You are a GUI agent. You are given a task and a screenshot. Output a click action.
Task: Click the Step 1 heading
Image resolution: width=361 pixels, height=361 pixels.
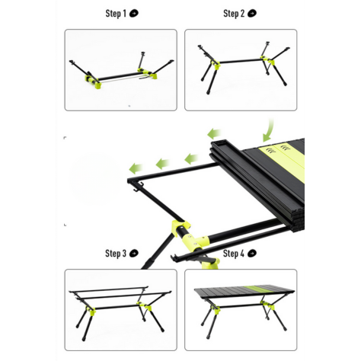click(x=116, y=14)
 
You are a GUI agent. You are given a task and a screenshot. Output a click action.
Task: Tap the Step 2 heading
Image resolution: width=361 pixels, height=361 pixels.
click(x=234, y=14)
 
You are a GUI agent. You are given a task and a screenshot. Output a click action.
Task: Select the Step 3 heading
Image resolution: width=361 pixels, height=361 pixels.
click(x=116, y=254)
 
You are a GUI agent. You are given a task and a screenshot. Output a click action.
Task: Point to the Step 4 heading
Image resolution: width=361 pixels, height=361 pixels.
click(x=234, y=254)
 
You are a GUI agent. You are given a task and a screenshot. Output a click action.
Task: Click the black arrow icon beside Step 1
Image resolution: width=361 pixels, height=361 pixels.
click(x=134, y=13)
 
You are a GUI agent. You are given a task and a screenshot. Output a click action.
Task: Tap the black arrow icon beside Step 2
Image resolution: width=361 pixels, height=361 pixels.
click(x=252, y=13)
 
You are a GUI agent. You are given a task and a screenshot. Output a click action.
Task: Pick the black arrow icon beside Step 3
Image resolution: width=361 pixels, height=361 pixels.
click(x=134, y=253)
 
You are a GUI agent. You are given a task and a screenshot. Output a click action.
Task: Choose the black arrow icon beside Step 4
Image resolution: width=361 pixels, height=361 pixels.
click(x=252, y=253)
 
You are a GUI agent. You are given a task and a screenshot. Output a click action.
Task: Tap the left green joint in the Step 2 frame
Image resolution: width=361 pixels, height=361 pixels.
click(x=216, y=65)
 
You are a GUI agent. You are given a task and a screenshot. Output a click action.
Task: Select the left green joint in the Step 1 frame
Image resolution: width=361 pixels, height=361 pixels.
click(x=94, y=81)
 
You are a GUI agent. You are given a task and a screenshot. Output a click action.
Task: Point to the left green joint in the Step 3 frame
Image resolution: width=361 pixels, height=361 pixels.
click(x=91, y=311)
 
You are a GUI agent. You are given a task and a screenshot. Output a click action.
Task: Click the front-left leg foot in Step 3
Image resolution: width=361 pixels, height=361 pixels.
click(x=84, y=338)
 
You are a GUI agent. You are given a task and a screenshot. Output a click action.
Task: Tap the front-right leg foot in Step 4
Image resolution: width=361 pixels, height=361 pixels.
click(x=285, y=329)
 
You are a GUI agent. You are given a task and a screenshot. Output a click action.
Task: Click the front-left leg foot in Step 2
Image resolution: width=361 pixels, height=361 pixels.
click(x=209, y=92)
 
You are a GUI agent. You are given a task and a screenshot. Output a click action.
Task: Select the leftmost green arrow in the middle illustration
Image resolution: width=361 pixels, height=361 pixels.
click(x=136, y=168)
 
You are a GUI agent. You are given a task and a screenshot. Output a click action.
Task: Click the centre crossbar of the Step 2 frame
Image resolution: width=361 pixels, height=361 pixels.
click(x=241, y=61)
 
